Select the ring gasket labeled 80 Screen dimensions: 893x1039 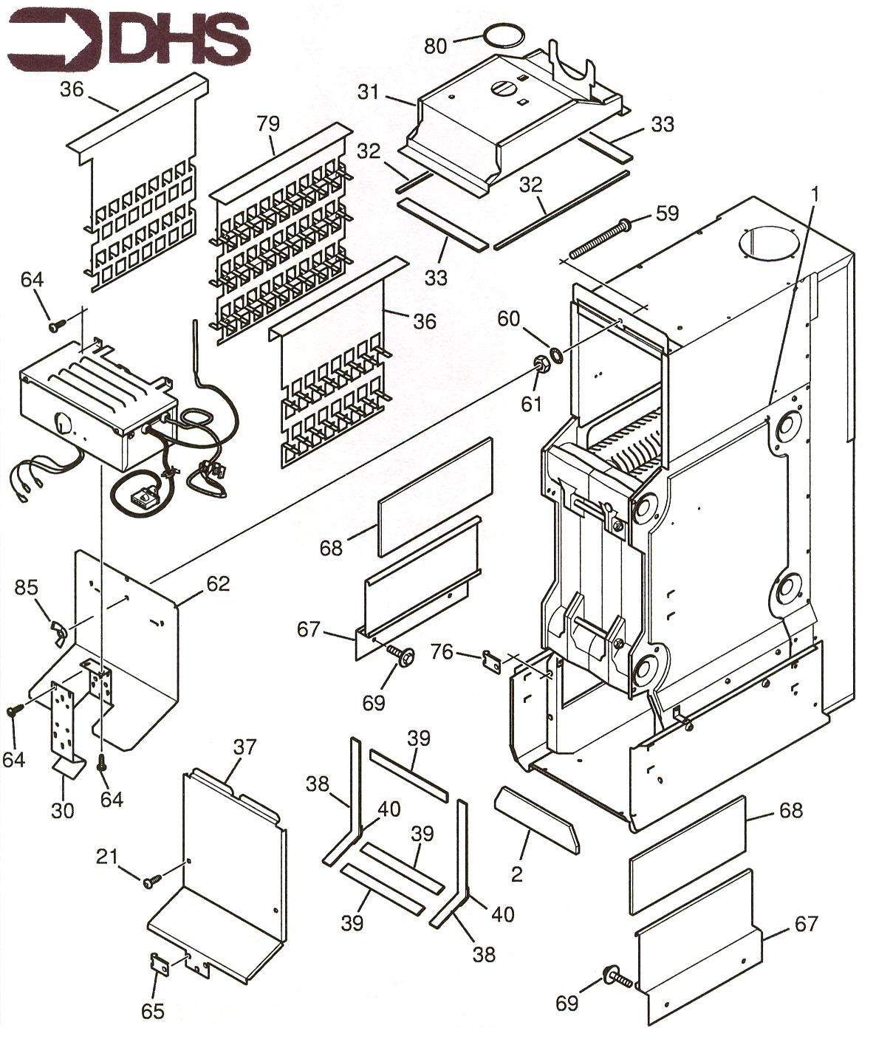click(504, 37)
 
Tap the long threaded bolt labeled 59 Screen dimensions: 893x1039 click(598, 239)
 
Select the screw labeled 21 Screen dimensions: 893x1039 click(152, 881)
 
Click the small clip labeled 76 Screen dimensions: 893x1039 click(491, 659)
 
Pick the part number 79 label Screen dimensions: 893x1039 click(269, 123)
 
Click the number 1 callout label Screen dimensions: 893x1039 click(815, 194)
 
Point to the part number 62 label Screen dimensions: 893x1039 click(218, 583)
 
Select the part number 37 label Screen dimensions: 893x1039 click(245, 747)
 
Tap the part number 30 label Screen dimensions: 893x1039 click(62, 810)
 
